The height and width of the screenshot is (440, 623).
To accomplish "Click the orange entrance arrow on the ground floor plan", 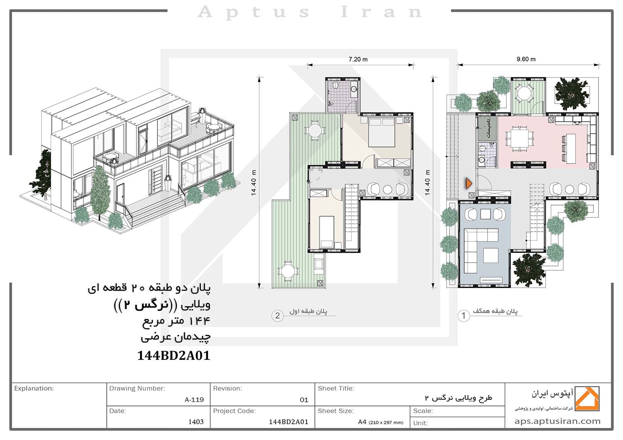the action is click(x=469, y=184).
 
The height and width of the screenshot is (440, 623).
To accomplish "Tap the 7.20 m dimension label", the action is click(x=358, y=59).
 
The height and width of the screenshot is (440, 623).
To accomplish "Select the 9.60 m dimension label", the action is click(x=526, y=59).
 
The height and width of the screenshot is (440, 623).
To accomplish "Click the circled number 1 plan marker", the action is click(x=464, y=316).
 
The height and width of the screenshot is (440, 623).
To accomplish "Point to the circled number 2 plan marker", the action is click(x=277, y=316).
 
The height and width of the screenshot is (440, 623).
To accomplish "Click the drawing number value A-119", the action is click(x=194, y=400).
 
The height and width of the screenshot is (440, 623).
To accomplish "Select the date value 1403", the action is click(x=196, y=422).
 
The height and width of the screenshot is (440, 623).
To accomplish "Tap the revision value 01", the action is click(x=304, y=400).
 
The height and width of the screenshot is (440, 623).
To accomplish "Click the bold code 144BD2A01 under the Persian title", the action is click(x=174, y=355).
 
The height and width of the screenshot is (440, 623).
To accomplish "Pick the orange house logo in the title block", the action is click(x=587, y=398).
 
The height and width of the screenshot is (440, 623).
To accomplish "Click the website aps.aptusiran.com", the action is click(x=557, y=421).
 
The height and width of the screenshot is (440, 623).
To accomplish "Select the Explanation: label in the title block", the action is click(x=34, y=388).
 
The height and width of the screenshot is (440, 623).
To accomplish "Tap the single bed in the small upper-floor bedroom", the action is click(x=326, y=232).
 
